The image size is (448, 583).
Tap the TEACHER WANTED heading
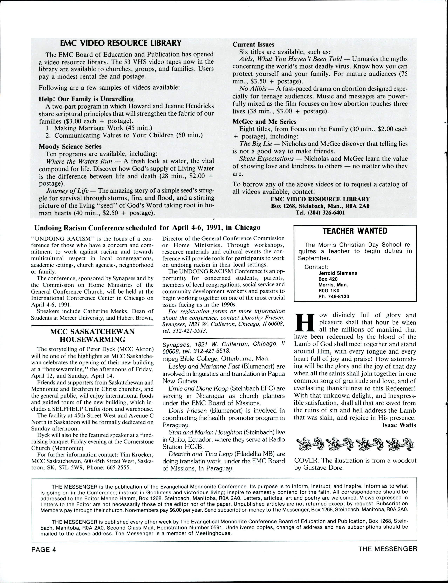(x=355, y=231)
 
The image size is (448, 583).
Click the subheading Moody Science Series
(x=70, y=146)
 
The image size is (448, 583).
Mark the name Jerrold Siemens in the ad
(x=338, y=273)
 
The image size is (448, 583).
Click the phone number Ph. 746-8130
(x=334, y=296)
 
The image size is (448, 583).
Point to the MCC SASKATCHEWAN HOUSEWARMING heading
(x=93, y=336)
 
